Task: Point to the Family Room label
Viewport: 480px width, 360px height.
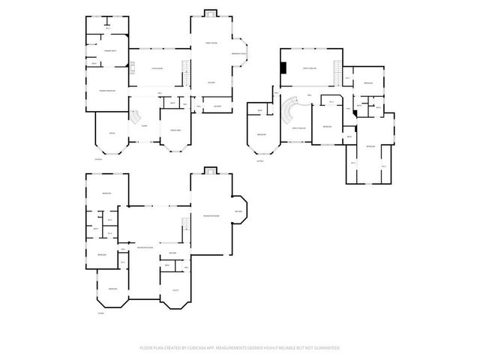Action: (211, 43)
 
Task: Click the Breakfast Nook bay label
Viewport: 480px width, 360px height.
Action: (238, 53)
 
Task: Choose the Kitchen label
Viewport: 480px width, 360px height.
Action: (211, 82)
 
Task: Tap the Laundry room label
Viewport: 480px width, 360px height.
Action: (217, 106)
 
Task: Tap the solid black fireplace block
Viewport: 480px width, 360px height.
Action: (283, 68)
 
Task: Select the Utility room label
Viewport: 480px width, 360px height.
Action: (175, 289)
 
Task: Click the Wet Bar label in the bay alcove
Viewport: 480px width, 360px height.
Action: (238, 211)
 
